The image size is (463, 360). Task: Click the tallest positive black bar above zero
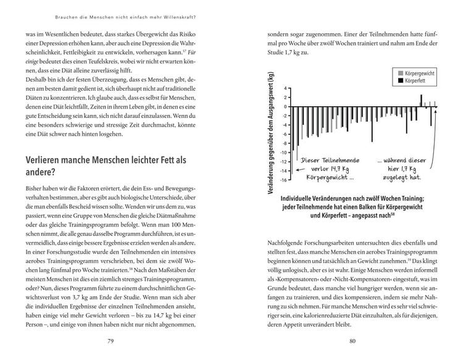[421, 101]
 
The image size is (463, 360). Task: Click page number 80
[352, 341]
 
